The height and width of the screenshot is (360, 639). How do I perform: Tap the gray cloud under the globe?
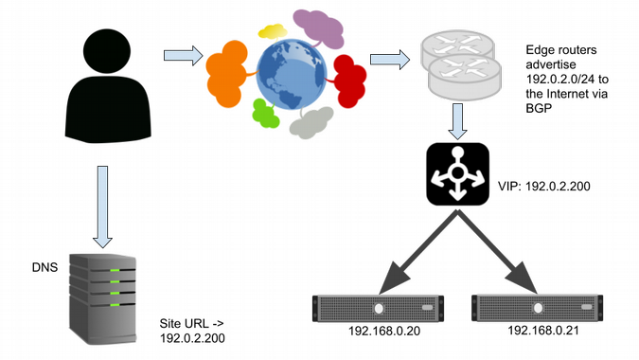coord(311,122)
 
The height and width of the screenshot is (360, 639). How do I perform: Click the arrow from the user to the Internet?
coord(184,59)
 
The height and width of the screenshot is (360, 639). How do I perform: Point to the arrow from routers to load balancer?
coord(458,119)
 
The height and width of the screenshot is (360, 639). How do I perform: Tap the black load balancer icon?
coord(458,172)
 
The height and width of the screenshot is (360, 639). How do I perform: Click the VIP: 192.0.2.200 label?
coord(545,187)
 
